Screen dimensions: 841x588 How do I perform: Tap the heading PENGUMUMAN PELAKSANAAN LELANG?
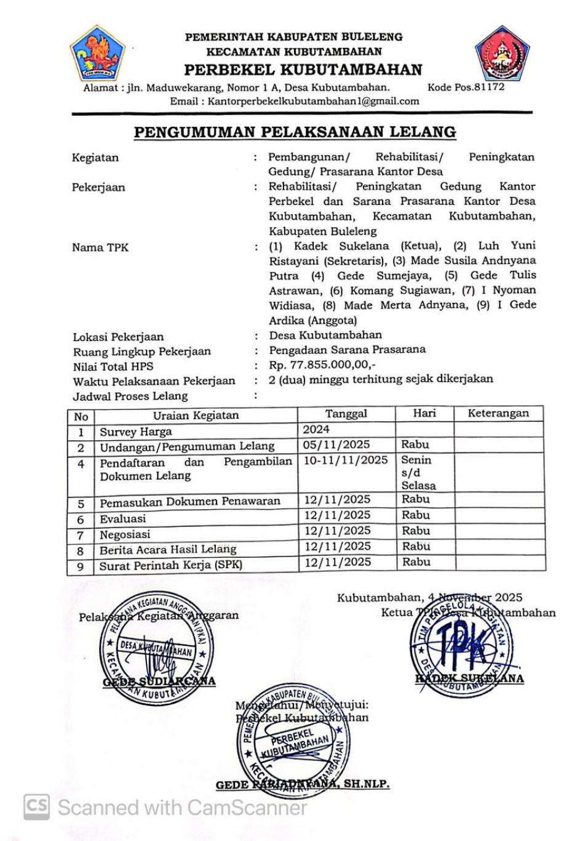[x=295, y=132]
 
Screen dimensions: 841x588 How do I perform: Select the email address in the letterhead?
[x=313, y=102]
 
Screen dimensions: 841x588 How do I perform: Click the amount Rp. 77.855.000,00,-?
[x=322, y=365]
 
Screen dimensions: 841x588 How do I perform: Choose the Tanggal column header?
[x=346, y=414]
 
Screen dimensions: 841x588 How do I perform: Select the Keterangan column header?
[x=498, y=413]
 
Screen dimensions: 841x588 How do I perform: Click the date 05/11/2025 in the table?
[x=336, y=445]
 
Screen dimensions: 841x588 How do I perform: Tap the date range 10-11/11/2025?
[x=346, y=460]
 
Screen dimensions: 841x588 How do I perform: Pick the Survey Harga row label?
[x=136, y=432]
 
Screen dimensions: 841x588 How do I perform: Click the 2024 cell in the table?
[x=316, y=429]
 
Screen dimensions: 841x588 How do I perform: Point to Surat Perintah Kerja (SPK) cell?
[x=171, y=565]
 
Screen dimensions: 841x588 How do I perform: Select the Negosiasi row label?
[x=125, y=534]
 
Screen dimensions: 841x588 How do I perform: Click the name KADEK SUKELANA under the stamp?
[x=469, y=678]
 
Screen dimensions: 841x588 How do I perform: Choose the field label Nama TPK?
[x=100, y=247]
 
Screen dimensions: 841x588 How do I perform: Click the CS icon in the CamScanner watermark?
[x=36, y=807]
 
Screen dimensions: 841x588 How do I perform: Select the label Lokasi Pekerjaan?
[x=118, y=337]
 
